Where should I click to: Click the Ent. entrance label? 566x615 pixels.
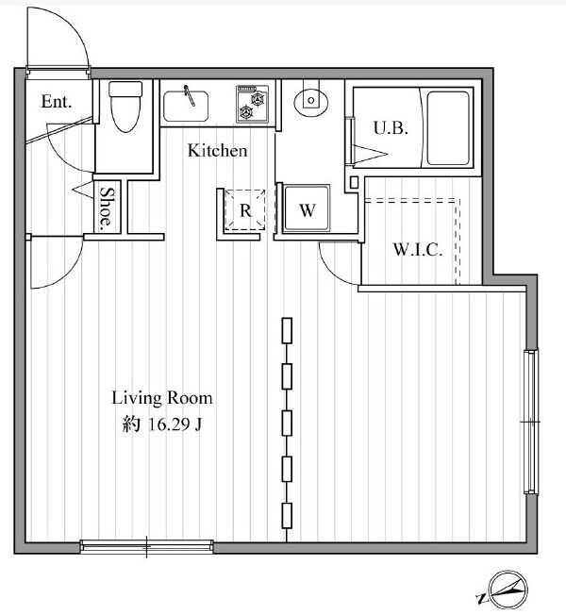tap(57, 102)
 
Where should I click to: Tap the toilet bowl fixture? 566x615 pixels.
tap(125, 106)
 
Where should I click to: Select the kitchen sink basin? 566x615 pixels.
tap(186, 106)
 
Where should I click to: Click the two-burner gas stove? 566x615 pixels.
tap(252, 104)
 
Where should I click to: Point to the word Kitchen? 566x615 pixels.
tap(217, 151)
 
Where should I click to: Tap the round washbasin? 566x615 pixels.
tap(311, 100)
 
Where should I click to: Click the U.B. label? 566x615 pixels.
tap(391, 128)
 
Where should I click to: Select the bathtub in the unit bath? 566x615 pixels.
tap(447, 128)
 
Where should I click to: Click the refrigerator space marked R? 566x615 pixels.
tap(245, 210)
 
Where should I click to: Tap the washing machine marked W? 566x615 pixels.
tap(307, 208)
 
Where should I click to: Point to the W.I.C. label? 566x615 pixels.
tap(418, 249)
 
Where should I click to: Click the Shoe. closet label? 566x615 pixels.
tap(107, 208)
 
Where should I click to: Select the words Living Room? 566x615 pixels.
tap(162, 398)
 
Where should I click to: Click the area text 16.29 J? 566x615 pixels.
tap(175, 424)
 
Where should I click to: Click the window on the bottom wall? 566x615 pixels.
tap(147, 546)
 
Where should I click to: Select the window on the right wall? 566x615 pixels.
tap(530, 422)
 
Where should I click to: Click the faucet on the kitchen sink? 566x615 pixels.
tap(190, 95)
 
